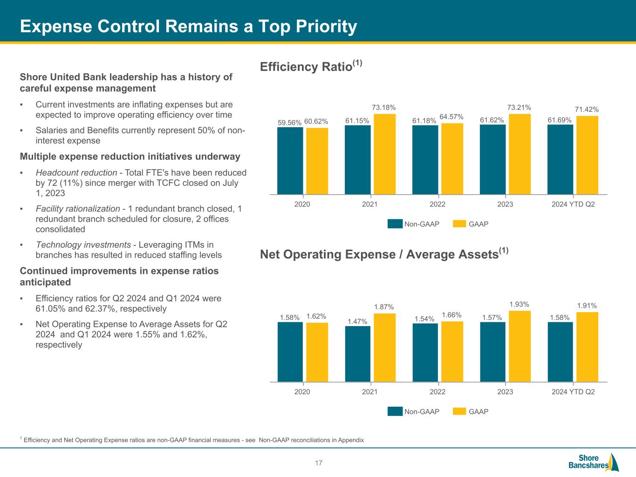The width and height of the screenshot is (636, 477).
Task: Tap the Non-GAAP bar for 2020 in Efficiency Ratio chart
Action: (290, 161)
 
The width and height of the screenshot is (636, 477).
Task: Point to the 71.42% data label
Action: (587, 109)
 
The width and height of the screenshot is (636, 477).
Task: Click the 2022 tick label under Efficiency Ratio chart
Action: (438, 204)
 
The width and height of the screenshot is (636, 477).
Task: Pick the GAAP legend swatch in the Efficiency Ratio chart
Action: (459, 224)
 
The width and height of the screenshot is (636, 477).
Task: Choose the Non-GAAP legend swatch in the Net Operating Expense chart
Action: (395, 411)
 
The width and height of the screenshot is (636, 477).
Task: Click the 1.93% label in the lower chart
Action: (519, 305)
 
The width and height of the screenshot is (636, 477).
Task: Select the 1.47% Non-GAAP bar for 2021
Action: (358, 354)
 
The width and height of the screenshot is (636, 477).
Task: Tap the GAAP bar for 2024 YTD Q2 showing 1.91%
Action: (587, 347)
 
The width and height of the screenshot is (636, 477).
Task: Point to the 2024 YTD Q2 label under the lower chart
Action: (573, 392)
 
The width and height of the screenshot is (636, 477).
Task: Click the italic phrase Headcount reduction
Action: (76, 172)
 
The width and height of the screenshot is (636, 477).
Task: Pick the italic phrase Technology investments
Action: (83, 245)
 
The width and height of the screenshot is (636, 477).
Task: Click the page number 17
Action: (319, 463)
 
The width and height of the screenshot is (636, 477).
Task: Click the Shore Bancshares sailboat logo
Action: (613, 462)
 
